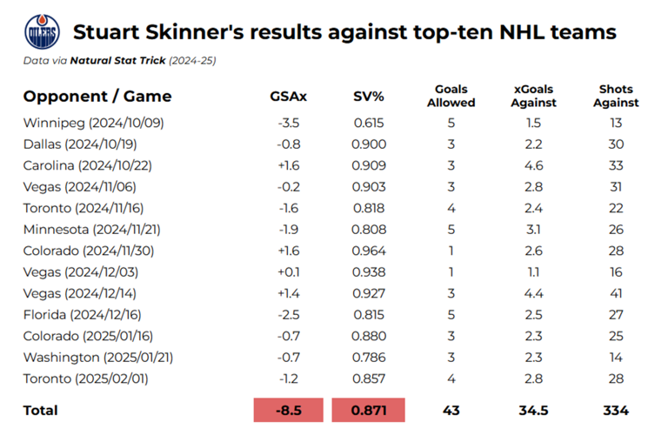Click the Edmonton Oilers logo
[42, 32]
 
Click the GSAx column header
[288, 97]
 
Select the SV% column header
[368, 97]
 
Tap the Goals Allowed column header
[451, 96]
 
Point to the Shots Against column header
[617, 96]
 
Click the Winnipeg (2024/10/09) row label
[93, 123]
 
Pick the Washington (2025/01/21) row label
[104, 356]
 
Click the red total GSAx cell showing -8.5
[288, 410]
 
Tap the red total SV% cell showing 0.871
[368, 410]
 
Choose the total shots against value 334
[617, 410]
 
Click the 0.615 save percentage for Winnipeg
[368, 123]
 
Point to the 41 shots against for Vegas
[617, 292]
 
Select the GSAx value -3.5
[288, 123]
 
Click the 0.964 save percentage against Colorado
[368, 250]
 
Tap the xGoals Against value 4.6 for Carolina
[535, 165]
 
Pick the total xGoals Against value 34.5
[535, 410]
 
